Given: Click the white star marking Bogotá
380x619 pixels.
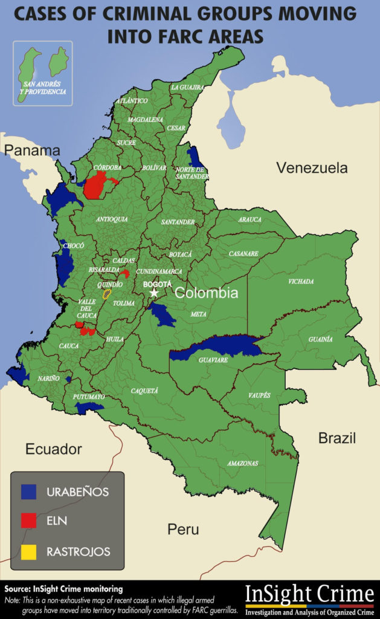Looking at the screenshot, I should coord(154,293).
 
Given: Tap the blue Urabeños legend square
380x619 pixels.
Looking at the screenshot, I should coord(28,491).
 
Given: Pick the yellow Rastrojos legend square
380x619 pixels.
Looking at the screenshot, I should coord(28,551).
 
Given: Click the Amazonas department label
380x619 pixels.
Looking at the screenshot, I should coord(242,464).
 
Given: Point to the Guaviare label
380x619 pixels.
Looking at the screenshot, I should coord(213,360).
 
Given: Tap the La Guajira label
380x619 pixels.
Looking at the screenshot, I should coord(187,87).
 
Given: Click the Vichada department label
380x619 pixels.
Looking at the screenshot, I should coord(301,282).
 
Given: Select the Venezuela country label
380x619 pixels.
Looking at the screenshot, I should coord(312,168).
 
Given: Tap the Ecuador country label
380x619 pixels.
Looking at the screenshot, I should coord(53,449).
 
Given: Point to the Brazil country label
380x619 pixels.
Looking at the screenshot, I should coord(337,438).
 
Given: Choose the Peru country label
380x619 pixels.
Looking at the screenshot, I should coord(183,530).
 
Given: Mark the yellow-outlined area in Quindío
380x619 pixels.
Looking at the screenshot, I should coord(107,294).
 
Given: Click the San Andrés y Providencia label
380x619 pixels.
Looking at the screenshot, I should coord(42,88).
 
